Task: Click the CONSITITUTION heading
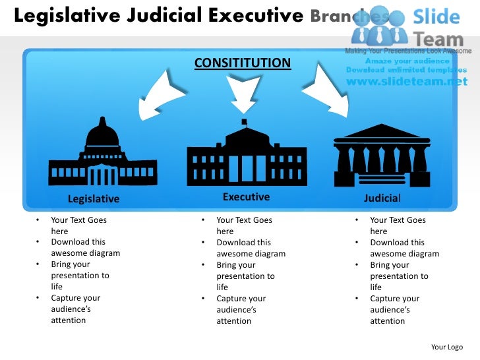242,63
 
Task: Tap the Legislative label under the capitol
94,198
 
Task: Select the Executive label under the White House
246,196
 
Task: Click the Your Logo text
446,347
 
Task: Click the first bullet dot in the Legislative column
38,220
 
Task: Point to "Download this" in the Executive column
243,243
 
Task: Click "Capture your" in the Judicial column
394,299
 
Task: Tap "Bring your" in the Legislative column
70,265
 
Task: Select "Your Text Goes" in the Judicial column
398,220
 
